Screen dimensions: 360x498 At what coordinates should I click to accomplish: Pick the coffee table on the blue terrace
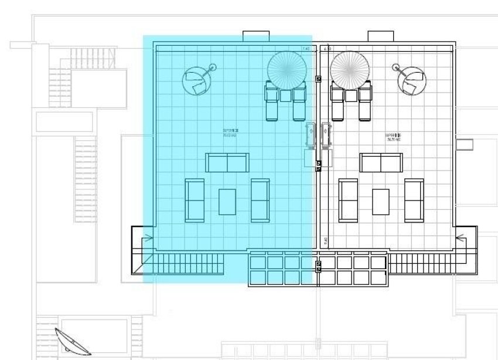click(x=227, y=201)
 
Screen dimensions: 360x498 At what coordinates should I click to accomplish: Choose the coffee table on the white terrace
click(x=381, y=201)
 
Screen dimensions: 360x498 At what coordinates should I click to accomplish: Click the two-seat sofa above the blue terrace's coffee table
click(x=227, y=162)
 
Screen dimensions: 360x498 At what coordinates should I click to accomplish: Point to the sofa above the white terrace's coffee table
click(x=381, y=162)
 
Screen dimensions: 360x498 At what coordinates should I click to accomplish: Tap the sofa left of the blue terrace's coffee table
click(x=195, y=200)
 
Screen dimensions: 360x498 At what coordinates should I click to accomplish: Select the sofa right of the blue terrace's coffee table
click(x=260, y=200)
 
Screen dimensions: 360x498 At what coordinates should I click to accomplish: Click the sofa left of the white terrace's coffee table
click(x=348, y=200)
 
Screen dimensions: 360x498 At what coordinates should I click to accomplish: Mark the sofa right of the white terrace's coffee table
click(x=414, y=200)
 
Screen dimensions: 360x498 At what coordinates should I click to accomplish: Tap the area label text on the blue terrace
click(x=230, y=133)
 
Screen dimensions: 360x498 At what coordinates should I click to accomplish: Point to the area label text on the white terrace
click(x=393, y=137)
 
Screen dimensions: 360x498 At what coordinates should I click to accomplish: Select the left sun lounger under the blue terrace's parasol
click(x=272, y=101)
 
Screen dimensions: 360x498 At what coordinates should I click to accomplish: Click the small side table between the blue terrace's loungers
click(x=286, y=95)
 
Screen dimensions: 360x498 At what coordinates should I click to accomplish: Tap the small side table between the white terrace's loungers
click(x=351, y=95)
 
